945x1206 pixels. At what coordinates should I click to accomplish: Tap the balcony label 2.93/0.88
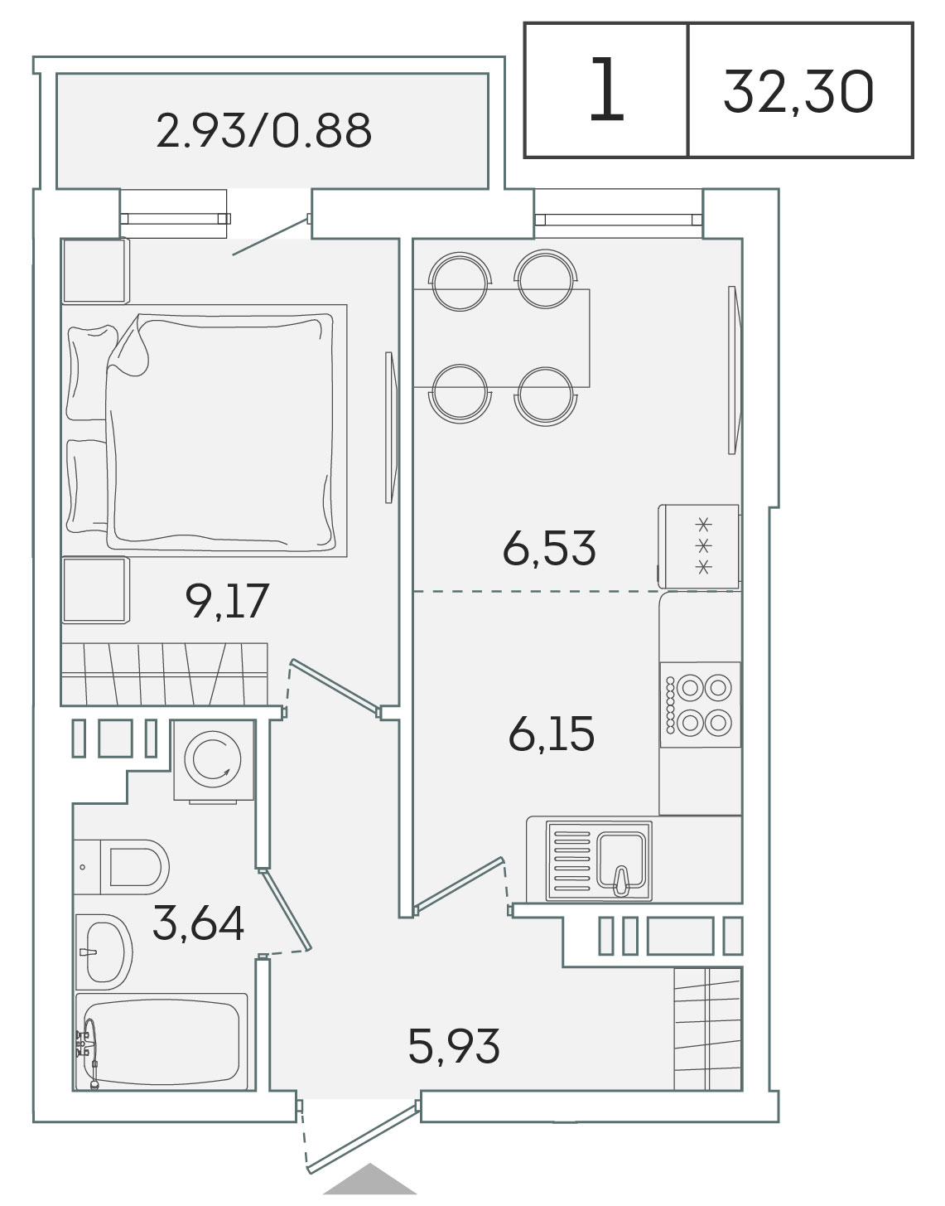[264, 130]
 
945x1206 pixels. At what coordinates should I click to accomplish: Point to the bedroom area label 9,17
[228, 600]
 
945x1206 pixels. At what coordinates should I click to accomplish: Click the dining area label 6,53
[549, 548]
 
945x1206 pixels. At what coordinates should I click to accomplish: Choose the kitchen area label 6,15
[552, 734]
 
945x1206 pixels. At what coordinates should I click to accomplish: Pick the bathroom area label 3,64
[198, 923]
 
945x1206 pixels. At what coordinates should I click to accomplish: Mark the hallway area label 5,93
[454, 1046]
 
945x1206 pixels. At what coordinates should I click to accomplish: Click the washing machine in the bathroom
[214, 761]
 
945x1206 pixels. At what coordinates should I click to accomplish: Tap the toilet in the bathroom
[122, 867]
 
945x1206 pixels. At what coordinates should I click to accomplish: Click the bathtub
[162, 1042]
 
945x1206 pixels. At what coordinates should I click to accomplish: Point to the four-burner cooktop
[701, 705]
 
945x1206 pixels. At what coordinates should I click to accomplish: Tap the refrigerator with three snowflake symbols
[700, 546]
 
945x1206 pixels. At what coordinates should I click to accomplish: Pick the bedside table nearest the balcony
[94, 271]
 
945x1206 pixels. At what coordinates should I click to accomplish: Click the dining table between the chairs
[501, 337]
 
